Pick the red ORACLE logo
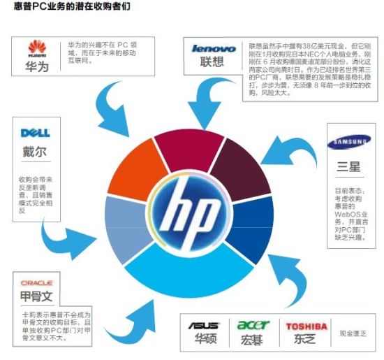coord(36,282)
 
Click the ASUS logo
coord(204,326)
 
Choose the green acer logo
coord(253,325)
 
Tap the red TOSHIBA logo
coord(306,326)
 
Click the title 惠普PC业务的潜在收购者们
coord(71,8)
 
